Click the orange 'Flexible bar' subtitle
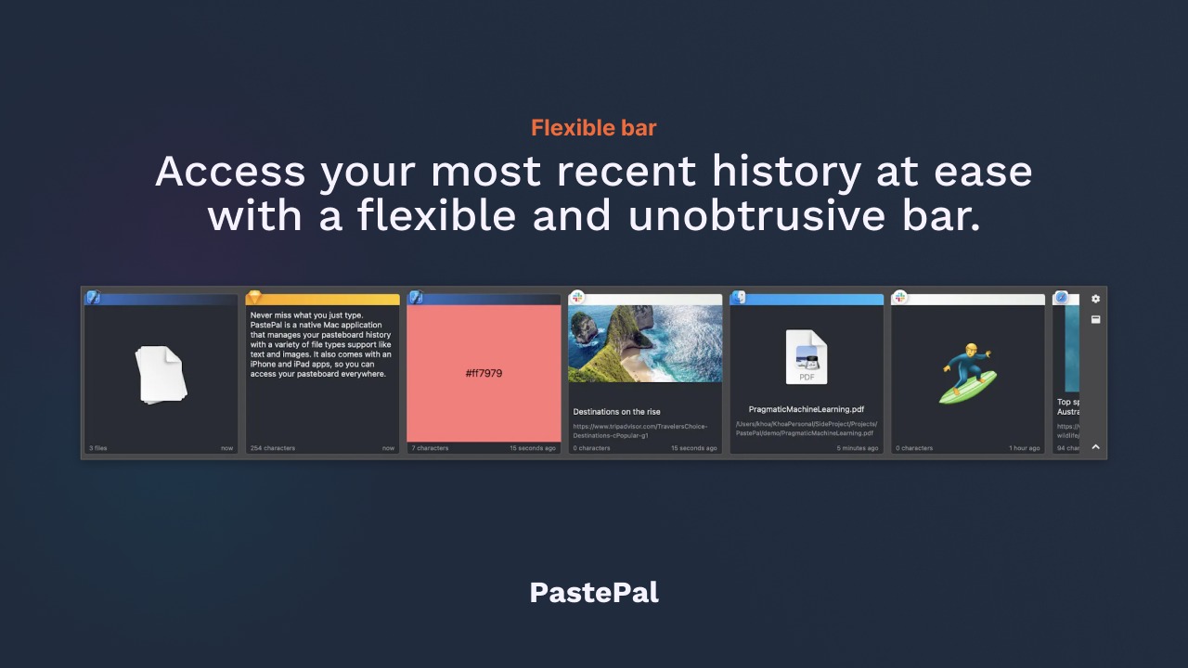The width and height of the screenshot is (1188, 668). click(593, 128)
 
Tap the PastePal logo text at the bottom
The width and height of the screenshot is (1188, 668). click(594, 593)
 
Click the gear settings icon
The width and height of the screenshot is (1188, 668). click(1095, 299)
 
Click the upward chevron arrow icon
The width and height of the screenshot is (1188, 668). click(1095, 447)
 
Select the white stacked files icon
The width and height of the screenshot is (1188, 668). click(161, 374)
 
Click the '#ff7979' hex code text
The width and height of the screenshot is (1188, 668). click(484, 373)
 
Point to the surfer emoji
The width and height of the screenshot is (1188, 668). click(966, 373)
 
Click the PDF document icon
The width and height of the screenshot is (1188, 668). click(806, 357)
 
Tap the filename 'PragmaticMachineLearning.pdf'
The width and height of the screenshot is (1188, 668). click(806, 409)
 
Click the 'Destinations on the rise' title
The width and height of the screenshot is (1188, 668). click(616, 412)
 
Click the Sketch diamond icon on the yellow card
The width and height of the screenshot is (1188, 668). click(253, 298)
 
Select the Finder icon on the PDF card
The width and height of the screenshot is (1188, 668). click(738, 298)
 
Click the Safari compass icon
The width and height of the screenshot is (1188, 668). click(1062, 298)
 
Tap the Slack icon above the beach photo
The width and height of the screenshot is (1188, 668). click(576, 298)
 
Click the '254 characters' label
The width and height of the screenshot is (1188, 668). click(273, 448)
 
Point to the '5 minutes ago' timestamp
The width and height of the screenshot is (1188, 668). click(857, 448)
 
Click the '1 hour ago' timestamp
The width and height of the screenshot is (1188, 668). click(1025, 448)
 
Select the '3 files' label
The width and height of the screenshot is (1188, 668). click(98, 448)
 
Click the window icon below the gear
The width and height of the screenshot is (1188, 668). click(1095, 319)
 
